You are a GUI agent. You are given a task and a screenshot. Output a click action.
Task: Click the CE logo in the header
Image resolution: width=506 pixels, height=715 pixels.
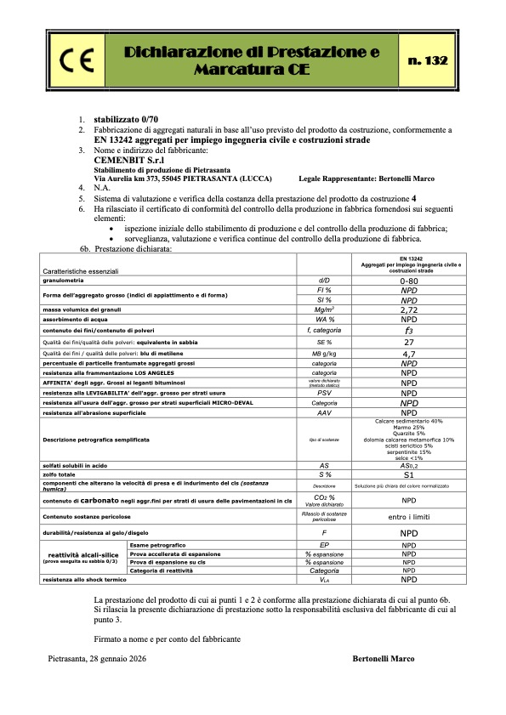pyautogui.click(x=71, y=60)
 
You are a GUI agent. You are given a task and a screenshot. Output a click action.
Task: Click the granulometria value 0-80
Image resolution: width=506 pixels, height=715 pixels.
pyautogui.click(x=409, y=279)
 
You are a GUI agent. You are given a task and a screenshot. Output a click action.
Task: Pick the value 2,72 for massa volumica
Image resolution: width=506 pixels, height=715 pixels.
pyautogui.click(x=409, y=311)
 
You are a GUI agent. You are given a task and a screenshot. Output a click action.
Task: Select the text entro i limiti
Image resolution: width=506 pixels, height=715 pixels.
pyautogui.click(x=409, y=516)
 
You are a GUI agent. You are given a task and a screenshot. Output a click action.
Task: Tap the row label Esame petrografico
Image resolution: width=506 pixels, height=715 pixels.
pyautogui.click(x=158, y=544)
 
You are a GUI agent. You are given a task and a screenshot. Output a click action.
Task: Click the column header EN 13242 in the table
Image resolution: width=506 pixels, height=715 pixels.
pyautogui.click(x=409, y=257)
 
